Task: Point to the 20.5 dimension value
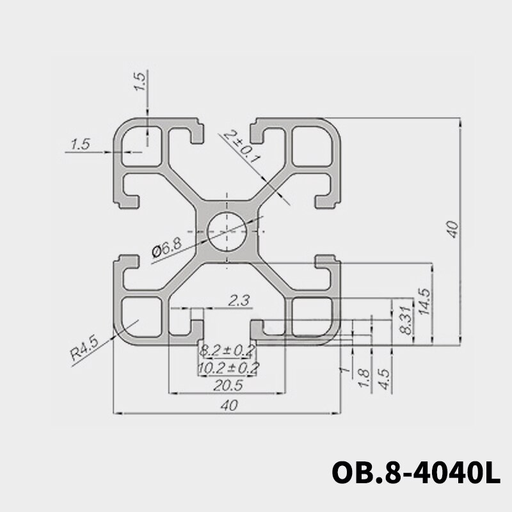point(227,385)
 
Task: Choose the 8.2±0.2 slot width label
point(227,350)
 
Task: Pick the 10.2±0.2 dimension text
point(228,367)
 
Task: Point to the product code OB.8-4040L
point(414,474)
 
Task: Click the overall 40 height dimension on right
point(452,229)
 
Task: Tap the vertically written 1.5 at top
point(141,82)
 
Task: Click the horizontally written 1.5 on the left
point(80,145)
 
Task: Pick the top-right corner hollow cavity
point(313,147)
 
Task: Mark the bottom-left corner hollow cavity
point(141,316)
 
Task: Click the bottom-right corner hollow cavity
point(313,316)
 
